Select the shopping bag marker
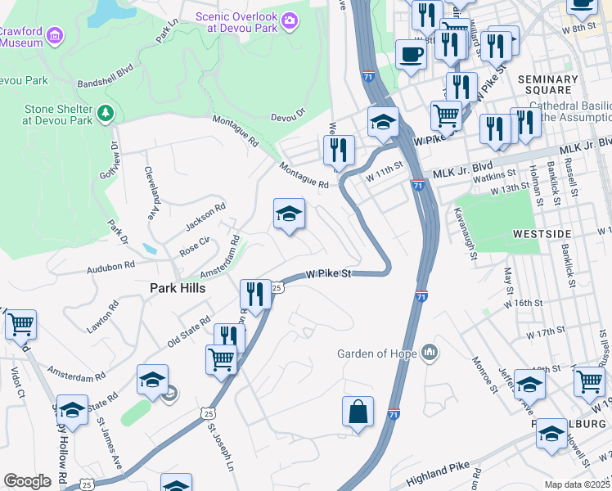pos(358,412)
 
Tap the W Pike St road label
pos(329,274)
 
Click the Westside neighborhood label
pos(542,234)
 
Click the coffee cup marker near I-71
pos(411,55)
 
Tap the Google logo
pos(27,480)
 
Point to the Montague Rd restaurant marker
pos(338,151)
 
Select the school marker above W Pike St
pos(289,214)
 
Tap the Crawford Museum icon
pos(55,36)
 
